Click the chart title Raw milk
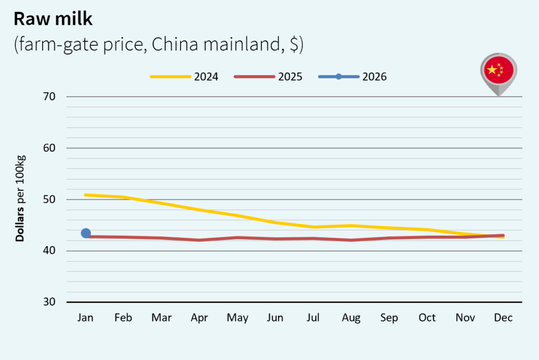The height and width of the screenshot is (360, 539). click(x=53, y=19)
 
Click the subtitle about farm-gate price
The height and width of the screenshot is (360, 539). click(x=158, y=45)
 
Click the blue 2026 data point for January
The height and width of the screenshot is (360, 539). click(x=86, y=233)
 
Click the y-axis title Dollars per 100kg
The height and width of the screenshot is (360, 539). click(x=20, y=199)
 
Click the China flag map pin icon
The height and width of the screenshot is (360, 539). click(x=498, y=72)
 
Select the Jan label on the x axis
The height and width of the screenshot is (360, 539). click(x=85, y=318)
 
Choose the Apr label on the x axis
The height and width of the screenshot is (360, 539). click(x=199, y=318)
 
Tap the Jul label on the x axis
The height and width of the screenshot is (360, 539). click(x=313, y=318)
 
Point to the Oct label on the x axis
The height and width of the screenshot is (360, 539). click(x=427, y=318)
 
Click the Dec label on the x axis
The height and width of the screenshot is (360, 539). click(x=503, y=318)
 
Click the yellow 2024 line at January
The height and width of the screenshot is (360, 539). click(x=86, y=195)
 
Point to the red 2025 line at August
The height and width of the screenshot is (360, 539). click(x=351, y=240)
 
